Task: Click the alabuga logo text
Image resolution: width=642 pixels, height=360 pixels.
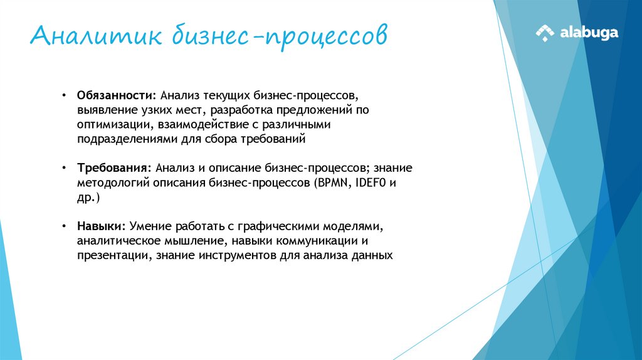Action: (x=589, y=33)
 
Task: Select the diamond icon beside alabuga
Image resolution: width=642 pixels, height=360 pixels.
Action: (x=545, y=33)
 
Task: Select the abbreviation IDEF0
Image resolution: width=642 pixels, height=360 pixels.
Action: (x=373, y=183)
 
